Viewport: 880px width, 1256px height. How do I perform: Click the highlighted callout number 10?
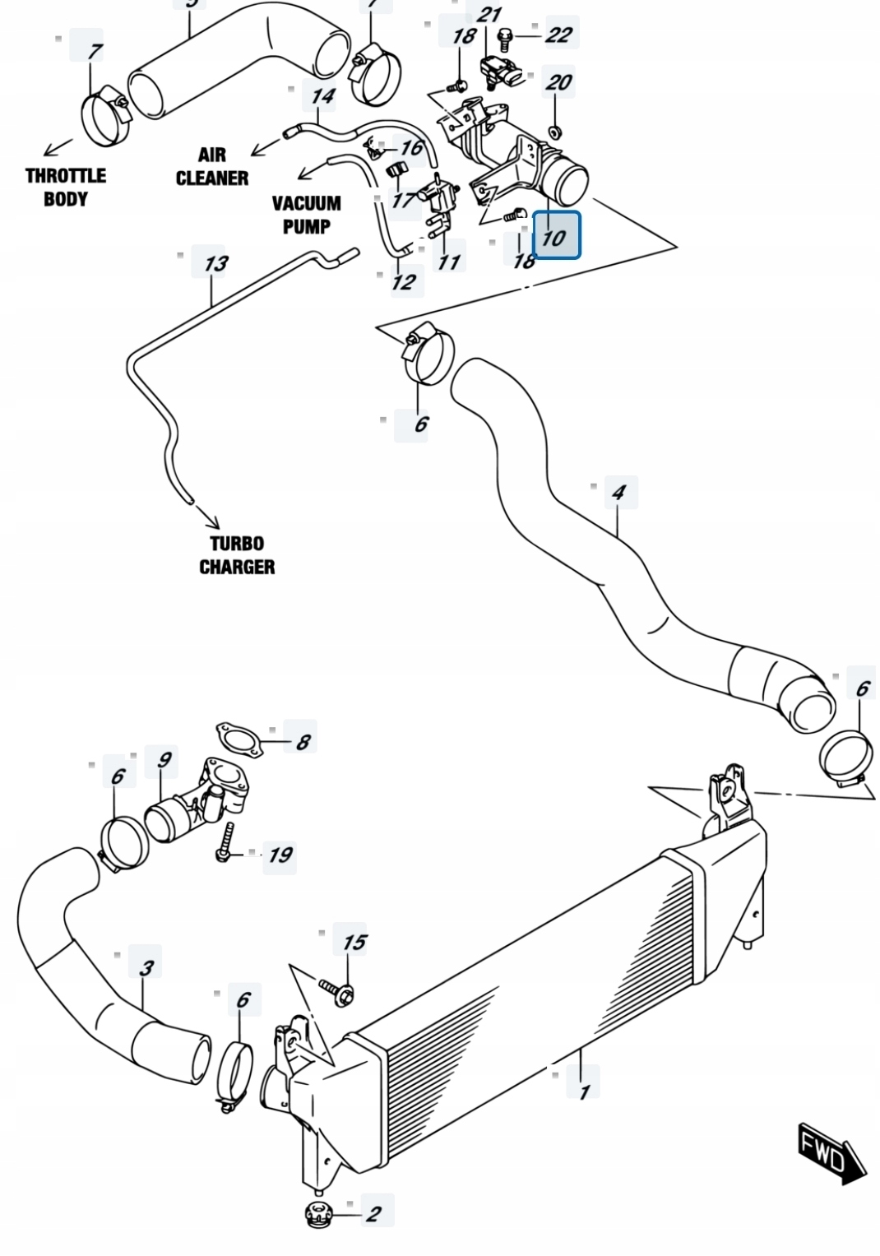pos(557,235)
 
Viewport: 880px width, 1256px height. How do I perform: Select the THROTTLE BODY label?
pos(65,187)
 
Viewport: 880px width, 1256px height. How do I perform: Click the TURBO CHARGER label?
pos(237,555)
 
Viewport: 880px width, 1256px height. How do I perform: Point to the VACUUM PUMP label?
pos(306,214)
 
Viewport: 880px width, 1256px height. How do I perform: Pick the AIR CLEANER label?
pos(211,166)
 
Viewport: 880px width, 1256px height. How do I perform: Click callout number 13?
pos(215,263)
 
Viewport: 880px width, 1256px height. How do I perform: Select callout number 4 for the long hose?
pos(618,493)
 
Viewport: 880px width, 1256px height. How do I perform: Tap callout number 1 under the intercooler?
pos(584,1091)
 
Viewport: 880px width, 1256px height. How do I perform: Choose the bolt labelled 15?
pos(336,990)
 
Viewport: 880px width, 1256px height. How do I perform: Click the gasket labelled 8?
pos(239,739)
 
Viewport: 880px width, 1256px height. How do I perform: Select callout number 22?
pos(558,35)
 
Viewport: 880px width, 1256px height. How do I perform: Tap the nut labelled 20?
pos(555,131)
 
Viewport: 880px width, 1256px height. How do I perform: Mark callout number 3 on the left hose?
pos(146,967)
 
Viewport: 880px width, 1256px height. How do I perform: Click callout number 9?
pos(164,759)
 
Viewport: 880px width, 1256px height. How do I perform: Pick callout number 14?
pos(322,96)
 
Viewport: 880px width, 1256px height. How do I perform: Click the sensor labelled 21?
pos(502,71)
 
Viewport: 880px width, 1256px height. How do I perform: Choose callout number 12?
pos(403,282)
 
